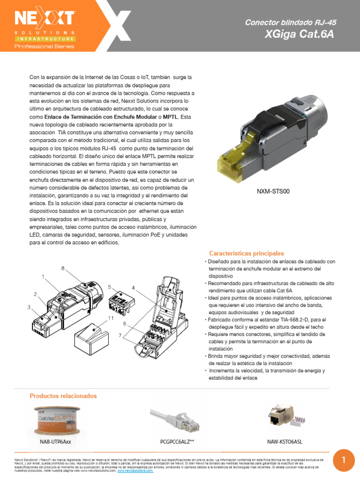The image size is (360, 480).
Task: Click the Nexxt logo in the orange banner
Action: tap(45, 19)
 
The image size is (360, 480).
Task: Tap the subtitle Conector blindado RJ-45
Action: tap(291, 22)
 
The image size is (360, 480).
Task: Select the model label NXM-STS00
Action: tap(273, 191)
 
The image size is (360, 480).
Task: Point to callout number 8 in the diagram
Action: tap(62, 268)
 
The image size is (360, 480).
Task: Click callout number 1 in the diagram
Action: tap(43, 277)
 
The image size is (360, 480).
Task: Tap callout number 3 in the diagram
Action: tap(28, 307)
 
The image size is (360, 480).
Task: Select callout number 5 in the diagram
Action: tap(109, 286)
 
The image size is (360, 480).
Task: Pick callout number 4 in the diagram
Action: tap(133, 287)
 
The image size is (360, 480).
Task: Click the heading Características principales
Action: tap(246, 253)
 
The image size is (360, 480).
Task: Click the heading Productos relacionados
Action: tap(63, 396)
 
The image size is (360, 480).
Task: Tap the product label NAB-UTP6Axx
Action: tap(55, 442)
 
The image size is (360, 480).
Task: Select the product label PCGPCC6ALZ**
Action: tap(177, 442)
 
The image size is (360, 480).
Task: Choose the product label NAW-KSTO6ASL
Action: tap(285, 442)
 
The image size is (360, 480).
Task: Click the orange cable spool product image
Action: tap(55, 420)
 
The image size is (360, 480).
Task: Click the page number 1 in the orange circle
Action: tap(344, 460)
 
